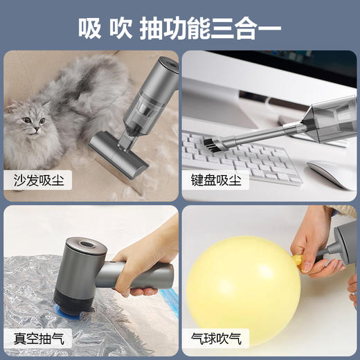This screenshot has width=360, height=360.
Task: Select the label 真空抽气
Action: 36,339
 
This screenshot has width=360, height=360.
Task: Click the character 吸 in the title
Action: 89,28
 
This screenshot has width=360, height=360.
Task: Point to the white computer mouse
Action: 330,174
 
